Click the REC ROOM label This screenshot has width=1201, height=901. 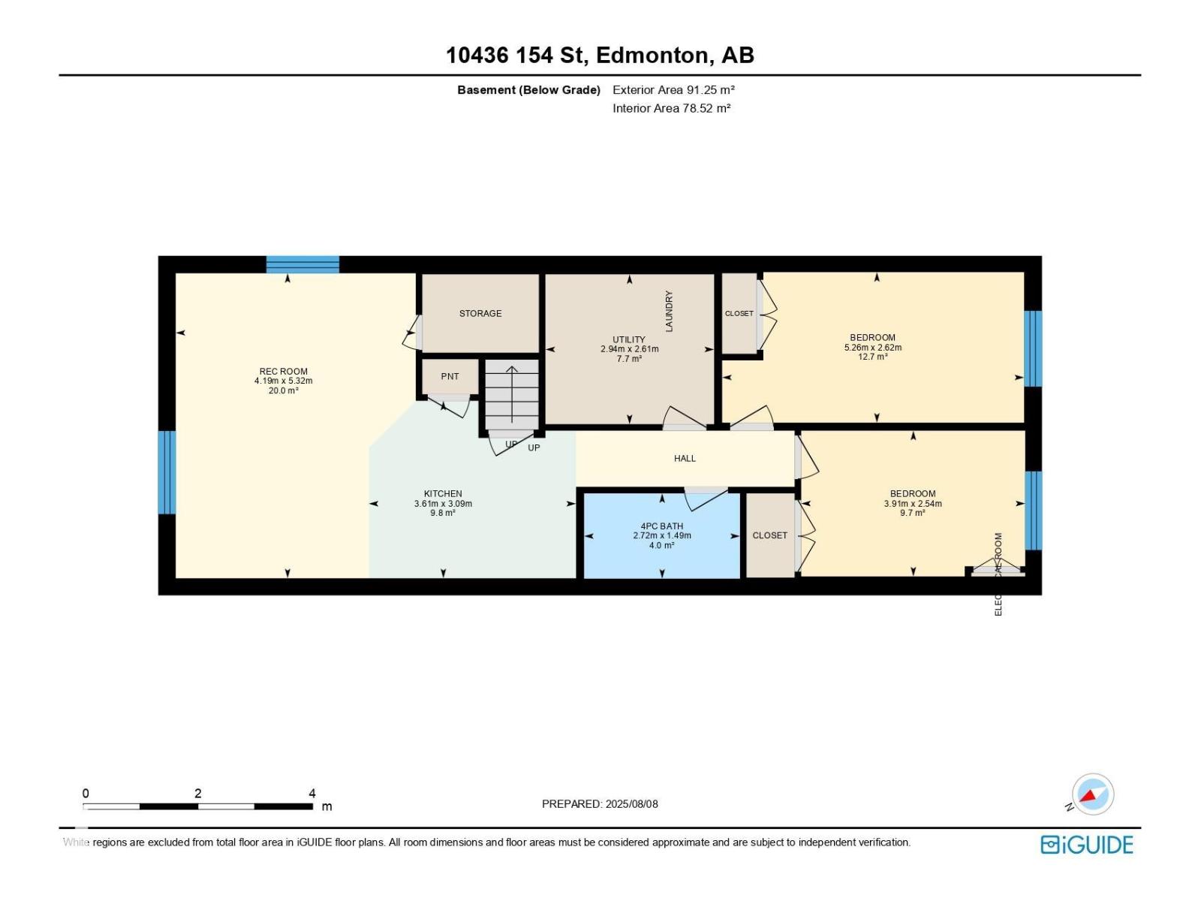[x=283, y=371]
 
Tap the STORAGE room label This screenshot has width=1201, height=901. [x=480, y=313]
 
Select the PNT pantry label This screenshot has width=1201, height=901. [x=450, y=376]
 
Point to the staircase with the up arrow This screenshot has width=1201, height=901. [x=512, y=394]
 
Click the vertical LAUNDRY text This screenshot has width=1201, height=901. [x=669, y=311]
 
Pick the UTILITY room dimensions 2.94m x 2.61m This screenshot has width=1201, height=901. [x=629, y=349]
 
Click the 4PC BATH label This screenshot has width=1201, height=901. [x=661, y=526]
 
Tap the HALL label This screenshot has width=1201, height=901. [x=685, y=458]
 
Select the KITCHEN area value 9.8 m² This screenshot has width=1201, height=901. [x=443, y=513]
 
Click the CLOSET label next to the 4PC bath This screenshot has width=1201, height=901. [x=769, y=535]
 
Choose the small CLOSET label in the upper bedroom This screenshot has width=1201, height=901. [x=739, y=313]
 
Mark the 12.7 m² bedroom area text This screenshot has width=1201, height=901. [x=872, y=357]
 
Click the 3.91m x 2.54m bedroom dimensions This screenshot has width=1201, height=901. [x=912, y=504]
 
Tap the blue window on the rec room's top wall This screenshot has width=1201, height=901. [x=303, y=264]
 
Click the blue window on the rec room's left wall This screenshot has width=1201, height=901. [x=167, y=472]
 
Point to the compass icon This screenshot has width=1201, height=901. [x=1092, y=794]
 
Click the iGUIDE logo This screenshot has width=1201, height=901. [x=1086, y=845]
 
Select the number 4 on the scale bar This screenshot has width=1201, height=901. [x=312, y=793]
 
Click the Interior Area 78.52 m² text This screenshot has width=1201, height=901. [x=671, y=108]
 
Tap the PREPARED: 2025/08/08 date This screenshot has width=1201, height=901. [x=600, y=803]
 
